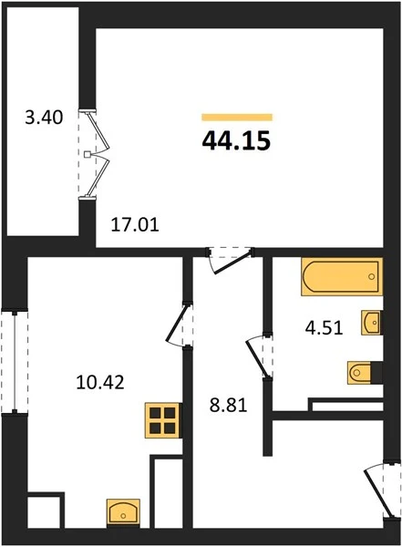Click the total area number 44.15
(x=236, y=141)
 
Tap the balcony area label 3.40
(x=44, y=118)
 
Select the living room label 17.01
(x=135, y=224)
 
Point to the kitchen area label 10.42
(x=100, y=382)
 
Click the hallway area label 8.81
(x=228, y=406)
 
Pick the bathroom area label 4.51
(x=325, y=328)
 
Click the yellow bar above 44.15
(x=237, y=118)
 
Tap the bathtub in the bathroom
(x=342, y=276)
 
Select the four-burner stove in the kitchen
(x=163, y=420)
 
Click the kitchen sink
(x=123, y=512)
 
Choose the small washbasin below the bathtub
(x=372, y=323)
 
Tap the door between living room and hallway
(x=231, y=260)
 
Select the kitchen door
(x=180, y=324)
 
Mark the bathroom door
(x=259, y=356)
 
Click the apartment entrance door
(x=381, y=490)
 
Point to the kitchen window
(x=15, y=362)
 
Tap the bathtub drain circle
(x=372, y=276)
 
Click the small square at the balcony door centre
(x=88, y=154)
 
